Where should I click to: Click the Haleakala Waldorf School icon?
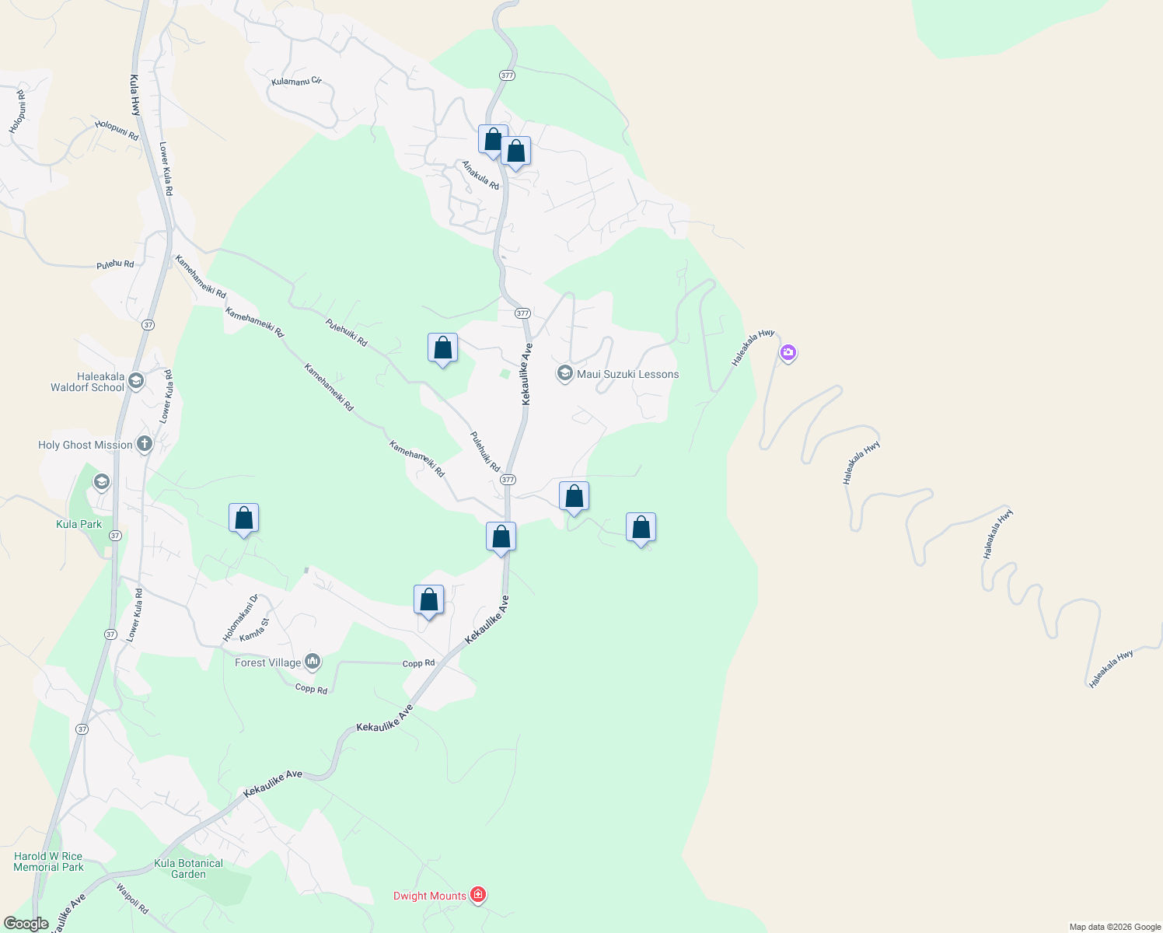click(x=136, y=381)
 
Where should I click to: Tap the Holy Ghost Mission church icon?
click(x=144, y=445)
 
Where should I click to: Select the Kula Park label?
click(x=79, y=524)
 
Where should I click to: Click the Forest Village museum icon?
click(x=313, y=662)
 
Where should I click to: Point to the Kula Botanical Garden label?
click(x=188, y=868)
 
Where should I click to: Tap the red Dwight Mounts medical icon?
click(x=478, y=895)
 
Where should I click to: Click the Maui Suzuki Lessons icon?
click(x=564, y=374)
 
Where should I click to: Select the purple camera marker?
click(x=788, y=353)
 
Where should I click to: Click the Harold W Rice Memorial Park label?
click(x=48, y=861)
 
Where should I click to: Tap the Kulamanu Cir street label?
click(x=296, y=81)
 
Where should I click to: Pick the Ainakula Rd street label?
click(x=480, y=175)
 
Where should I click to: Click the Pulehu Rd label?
click(x=115, y=265)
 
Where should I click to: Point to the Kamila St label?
click(x=254, y=630)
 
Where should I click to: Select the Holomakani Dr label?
click(x=239, y=618)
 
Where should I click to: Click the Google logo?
click(x=26, y=924)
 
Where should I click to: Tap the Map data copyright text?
click(x=1115, y=927)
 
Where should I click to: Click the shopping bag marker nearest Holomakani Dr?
click(x=243, y=519)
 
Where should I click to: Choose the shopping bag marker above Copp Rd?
click(x=428, y=600)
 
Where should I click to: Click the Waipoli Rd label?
click(x=132, y=898)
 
